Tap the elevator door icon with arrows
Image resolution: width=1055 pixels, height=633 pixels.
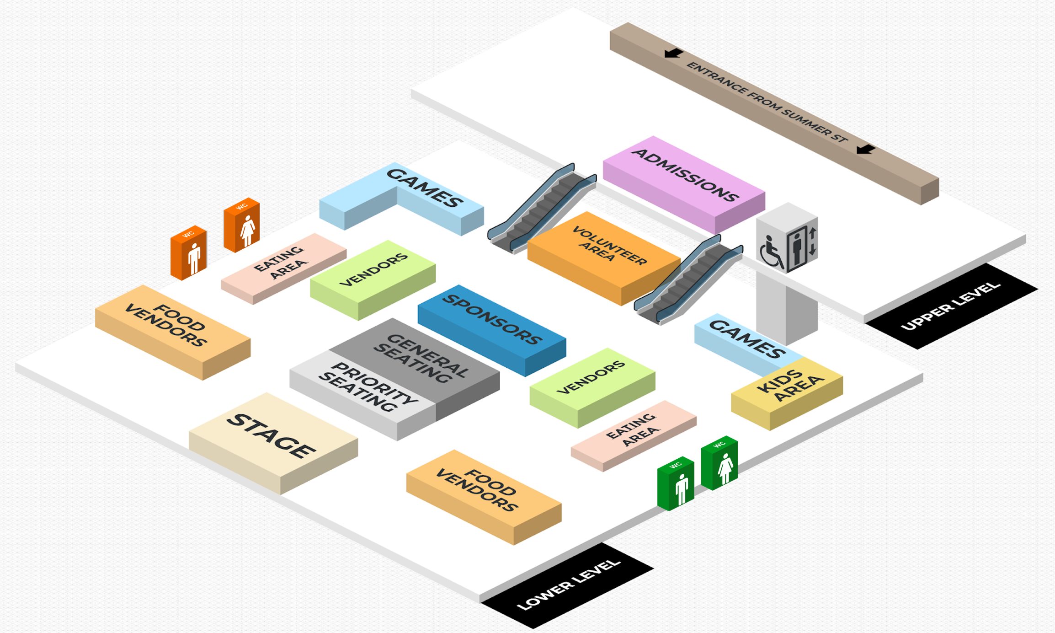[x=802, y=247]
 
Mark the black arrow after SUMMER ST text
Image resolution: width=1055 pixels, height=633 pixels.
[x=865, y=149]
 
